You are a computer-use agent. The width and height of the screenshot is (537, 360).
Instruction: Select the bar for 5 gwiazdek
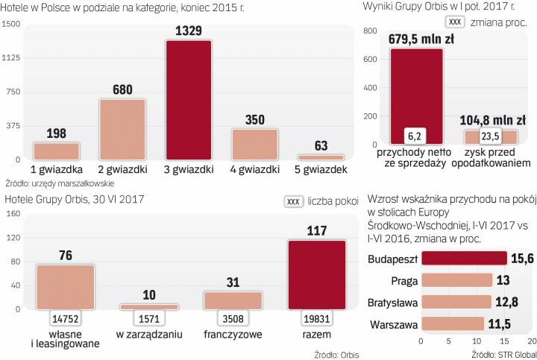coord(320,157)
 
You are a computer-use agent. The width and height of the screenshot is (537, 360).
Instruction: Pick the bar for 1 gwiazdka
coord(56,151)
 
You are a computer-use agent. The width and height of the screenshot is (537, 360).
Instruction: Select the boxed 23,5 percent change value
coord(491,136)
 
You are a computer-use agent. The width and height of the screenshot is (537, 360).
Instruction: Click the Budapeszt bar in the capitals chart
coord(462,258)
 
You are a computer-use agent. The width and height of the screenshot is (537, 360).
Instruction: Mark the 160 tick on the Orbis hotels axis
coord(13,213)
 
